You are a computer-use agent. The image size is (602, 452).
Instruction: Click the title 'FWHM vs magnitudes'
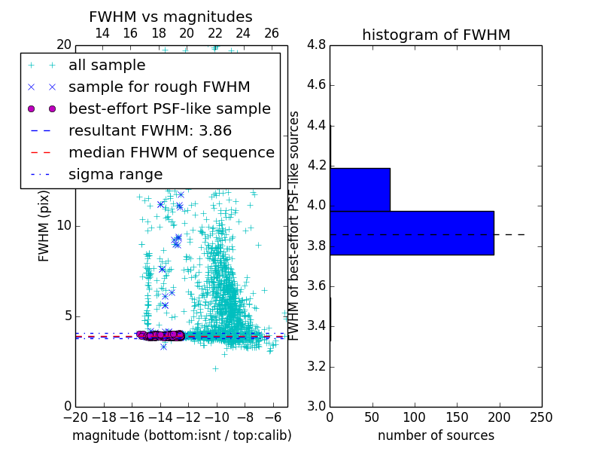(x=171, y=17)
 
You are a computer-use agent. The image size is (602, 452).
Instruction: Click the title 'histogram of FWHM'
(x=436, y=35)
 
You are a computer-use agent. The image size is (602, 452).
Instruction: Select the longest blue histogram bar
(x=412, y=233)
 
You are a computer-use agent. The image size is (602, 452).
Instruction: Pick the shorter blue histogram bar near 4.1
(x=360, y=189)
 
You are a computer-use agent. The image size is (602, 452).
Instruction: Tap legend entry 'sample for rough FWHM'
(x=159, y=87)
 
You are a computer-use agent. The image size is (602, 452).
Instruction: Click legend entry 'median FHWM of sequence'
(x=171, y=152)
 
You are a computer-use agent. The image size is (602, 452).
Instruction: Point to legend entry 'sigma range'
(x=115, y=174)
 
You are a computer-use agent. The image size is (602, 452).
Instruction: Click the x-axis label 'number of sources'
(x=436, y=435)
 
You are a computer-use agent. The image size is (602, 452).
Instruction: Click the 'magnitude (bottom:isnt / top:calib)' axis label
(x=181, y=435)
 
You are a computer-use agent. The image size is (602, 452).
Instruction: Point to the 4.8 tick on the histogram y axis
(x=315, y=44)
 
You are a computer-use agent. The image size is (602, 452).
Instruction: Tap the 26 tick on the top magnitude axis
(x=272, y=33)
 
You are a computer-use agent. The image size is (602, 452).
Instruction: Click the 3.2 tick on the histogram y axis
(x=315, y=366)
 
